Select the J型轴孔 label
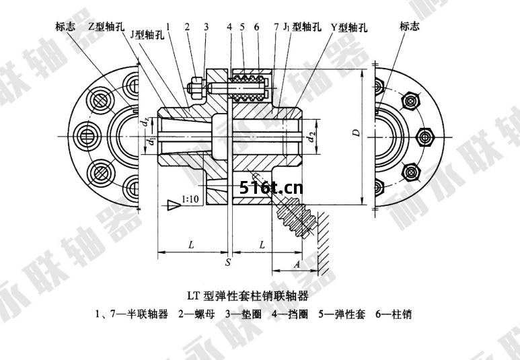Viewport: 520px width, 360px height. click(147, 36)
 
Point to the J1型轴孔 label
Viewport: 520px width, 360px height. click(301, 27)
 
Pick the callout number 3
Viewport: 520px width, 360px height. click(207, 27)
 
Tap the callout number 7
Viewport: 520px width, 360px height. click(276, 27)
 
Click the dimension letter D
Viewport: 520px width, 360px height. click(357, 132)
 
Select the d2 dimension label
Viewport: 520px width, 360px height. click(310, 137)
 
